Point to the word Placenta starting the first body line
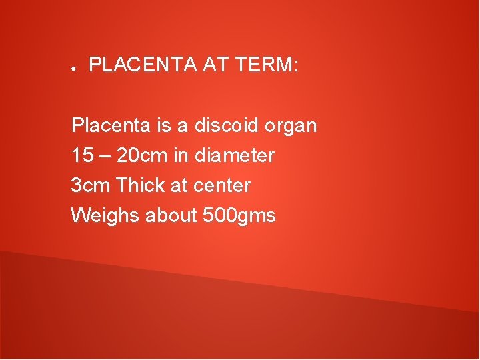[x=105, y=125]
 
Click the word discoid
[x=227, y=125]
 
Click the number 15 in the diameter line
[x=82, y=156]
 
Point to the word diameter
[x=235, y=156]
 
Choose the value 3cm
[x=91, y=185]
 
